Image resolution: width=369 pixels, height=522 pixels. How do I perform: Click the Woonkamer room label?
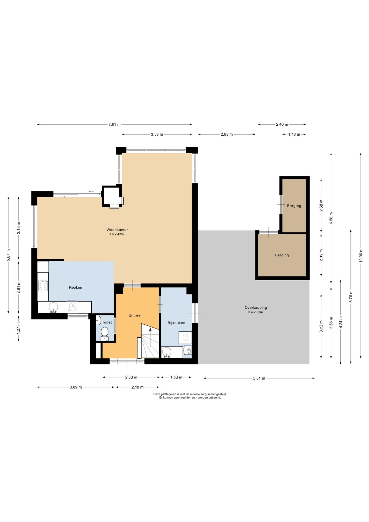[117, 230]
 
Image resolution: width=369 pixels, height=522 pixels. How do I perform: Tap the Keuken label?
[76, 287]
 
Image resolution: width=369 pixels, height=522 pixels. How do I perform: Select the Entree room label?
[135, 315]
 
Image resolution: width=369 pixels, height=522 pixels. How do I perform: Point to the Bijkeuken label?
[176, 323]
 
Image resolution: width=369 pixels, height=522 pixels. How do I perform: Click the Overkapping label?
[256, 307]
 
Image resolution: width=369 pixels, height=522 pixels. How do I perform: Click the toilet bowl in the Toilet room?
[105, 333]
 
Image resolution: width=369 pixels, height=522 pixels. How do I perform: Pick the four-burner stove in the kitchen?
[43, 285]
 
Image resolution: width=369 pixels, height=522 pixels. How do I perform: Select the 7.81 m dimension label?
[115, 125]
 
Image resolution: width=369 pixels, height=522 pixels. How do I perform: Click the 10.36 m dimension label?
[361, 255]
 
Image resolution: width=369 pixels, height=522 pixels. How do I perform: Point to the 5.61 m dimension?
[259, 378]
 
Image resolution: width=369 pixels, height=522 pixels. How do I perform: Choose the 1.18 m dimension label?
[294, 134]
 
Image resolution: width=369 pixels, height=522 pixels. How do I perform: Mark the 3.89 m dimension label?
[76, 387]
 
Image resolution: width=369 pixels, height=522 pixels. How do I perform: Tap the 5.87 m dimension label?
[8, 255]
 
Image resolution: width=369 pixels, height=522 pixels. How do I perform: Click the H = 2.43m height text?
[116, 234]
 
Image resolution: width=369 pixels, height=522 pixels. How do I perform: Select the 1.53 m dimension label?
[176, 377]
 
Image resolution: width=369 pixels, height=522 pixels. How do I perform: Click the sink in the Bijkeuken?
[166, 352]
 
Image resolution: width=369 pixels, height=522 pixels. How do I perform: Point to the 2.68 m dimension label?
[321, 206]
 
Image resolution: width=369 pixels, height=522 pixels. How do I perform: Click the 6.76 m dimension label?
[351, 296]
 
